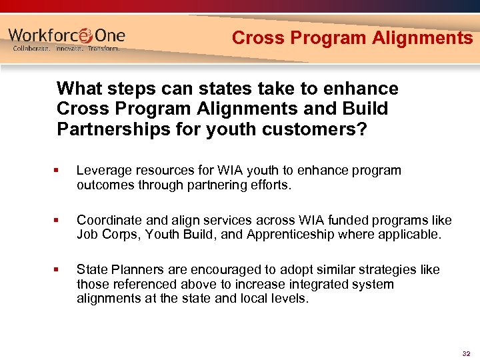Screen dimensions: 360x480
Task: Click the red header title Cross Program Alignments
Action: (x=352, y=38)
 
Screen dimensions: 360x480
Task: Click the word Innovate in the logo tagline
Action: (x=67, y=49)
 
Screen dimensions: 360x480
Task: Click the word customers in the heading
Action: (x=315, y=129)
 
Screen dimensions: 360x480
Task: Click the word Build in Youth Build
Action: (x=203, y=235)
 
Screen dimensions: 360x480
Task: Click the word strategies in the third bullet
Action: (x=377, y=269)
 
